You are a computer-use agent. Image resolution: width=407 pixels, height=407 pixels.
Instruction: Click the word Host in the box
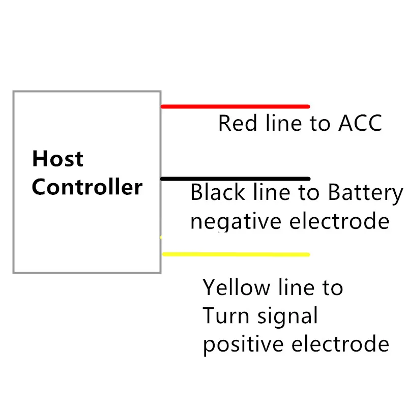(x=57, y=159)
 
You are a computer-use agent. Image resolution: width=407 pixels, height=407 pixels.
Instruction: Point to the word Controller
(x=87, y=187)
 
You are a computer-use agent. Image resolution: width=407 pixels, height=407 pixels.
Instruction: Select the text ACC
(x=360, y=124)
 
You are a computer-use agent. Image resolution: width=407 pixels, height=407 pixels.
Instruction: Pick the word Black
(x=218, y=193)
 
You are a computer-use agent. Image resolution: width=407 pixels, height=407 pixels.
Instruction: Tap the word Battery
(x=365, y=193)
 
